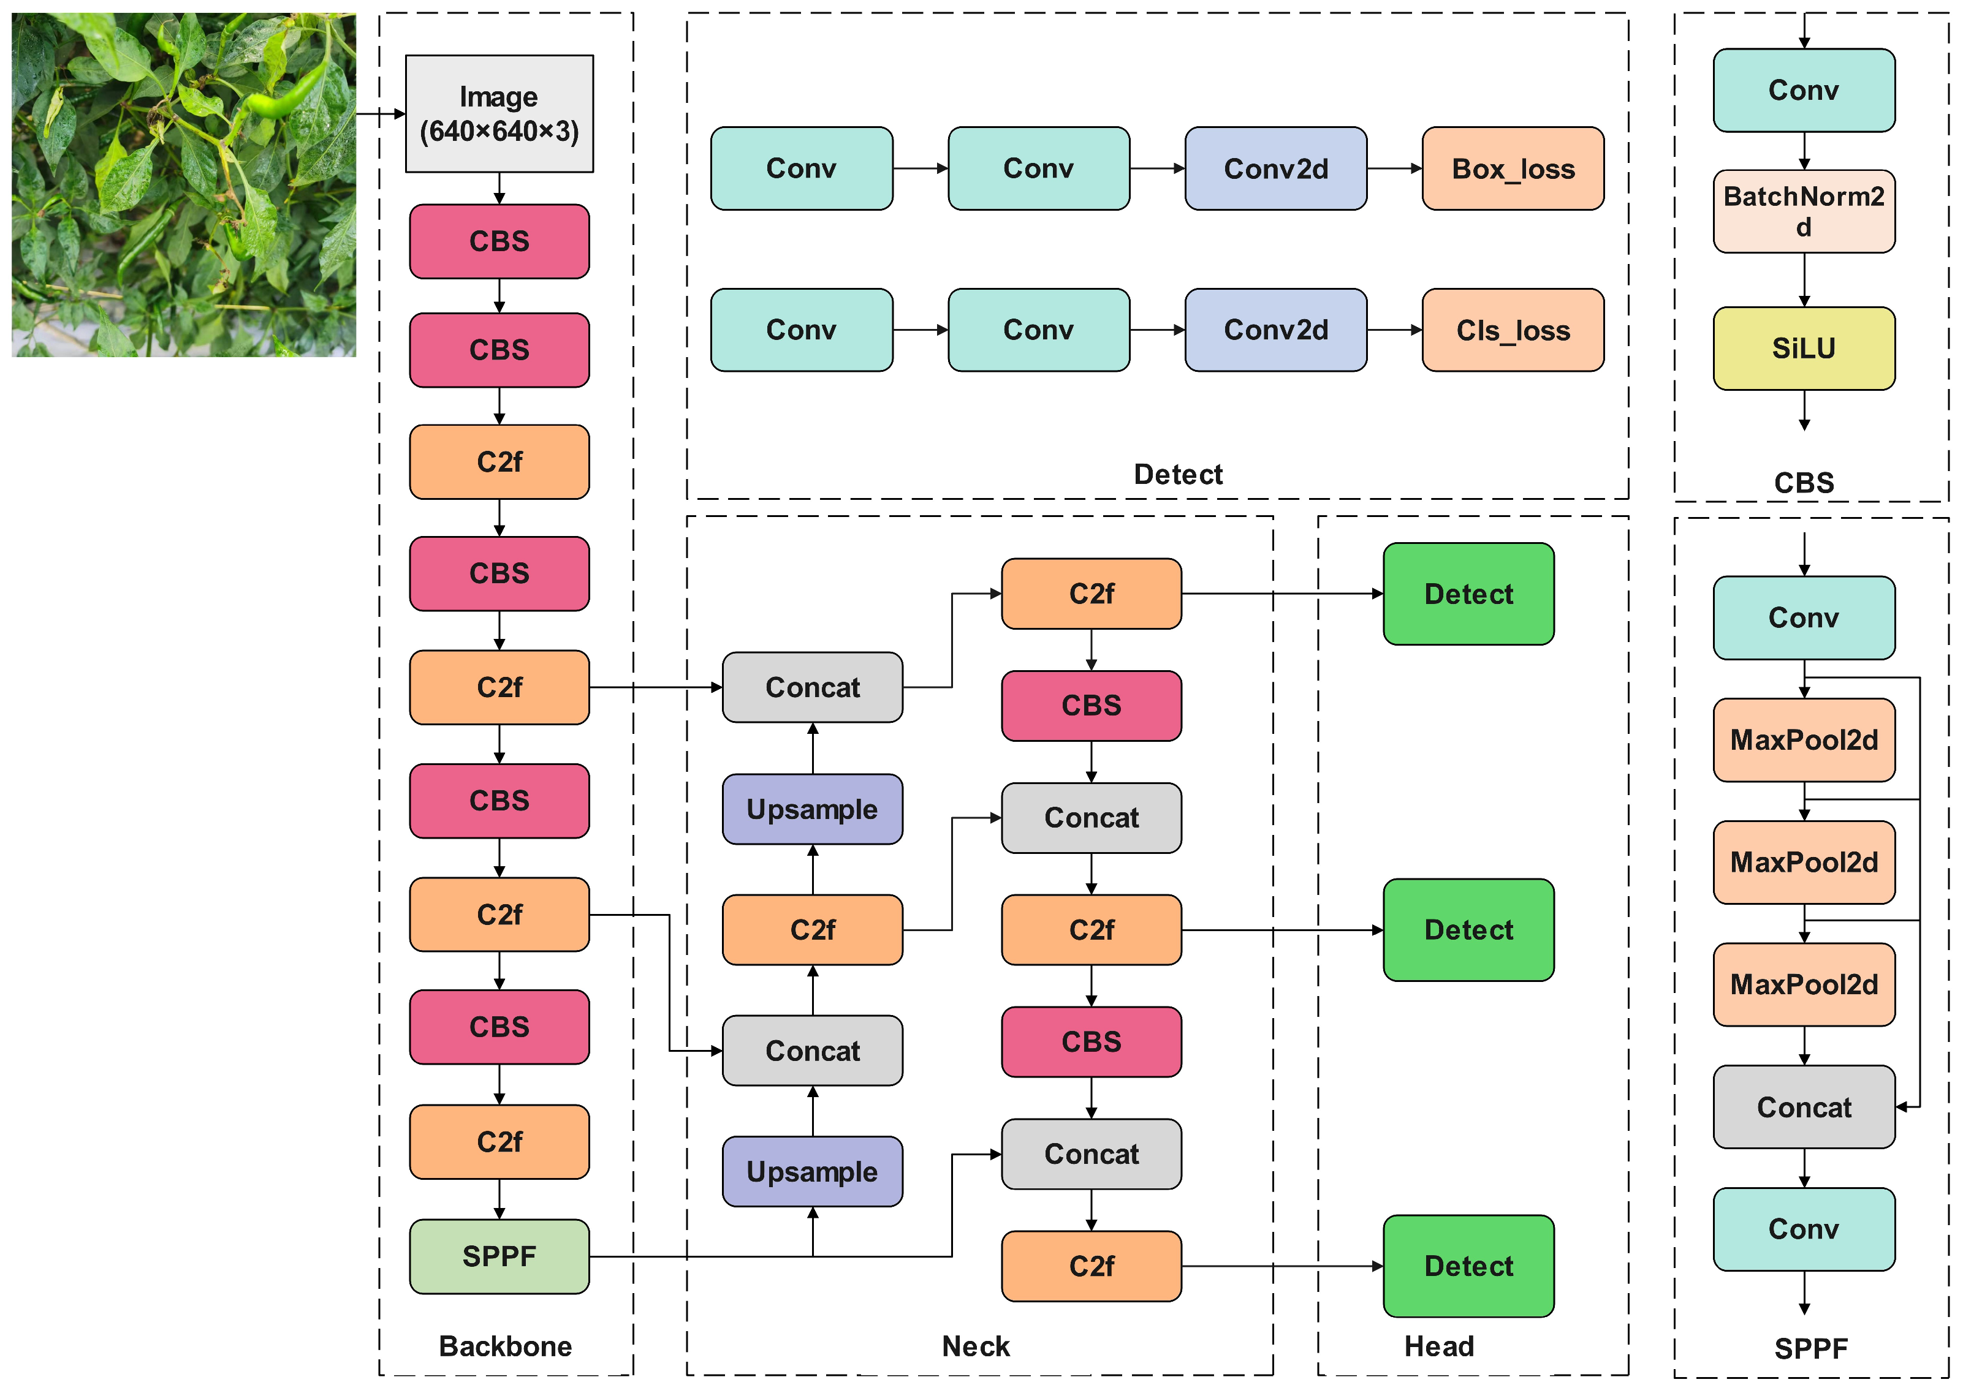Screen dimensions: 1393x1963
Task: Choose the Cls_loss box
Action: (1512, 330)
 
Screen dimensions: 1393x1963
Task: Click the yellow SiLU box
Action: (1804, 348)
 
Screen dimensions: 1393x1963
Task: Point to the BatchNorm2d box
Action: (1804, 211)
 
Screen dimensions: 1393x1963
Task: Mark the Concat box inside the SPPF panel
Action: (1804, 1106)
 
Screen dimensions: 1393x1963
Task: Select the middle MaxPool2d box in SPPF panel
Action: (1804, 862)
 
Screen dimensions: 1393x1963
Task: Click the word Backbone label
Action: (506, 1346)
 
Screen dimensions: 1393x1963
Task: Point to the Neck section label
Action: (976, 1346)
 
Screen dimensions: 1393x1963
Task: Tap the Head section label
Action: (1439, 1346)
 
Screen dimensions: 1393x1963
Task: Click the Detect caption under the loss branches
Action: (1177, 474)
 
